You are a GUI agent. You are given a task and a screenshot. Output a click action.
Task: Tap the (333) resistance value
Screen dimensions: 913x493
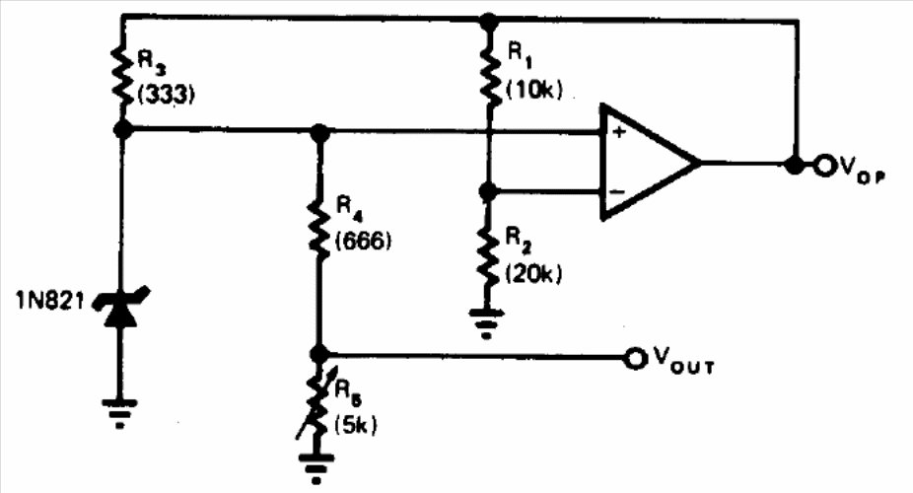tap(165, 93)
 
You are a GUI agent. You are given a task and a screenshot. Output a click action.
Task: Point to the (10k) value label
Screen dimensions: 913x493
tap(534, 90)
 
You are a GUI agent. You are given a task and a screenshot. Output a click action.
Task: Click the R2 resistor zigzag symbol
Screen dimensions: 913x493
tap(488, 256)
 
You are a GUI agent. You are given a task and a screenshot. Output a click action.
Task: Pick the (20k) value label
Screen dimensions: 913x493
tap(534, 273)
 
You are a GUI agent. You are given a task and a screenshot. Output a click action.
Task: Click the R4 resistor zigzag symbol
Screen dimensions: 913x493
tap(319, 227)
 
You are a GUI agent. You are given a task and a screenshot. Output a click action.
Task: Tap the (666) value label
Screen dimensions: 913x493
tap(364, 240)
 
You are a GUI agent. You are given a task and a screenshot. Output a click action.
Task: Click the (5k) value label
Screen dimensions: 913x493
tap(356, 425)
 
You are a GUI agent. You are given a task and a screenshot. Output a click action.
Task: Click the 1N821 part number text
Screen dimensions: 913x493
tap(50, 301)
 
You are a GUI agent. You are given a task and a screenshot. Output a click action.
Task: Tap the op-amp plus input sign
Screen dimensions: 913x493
tap(619, 132)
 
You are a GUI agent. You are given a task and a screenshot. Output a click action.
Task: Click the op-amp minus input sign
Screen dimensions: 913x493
tap(618, 191)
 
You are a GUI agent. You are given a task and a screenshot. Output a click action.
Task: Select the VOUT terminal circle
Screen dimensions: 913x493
tap(635, 359)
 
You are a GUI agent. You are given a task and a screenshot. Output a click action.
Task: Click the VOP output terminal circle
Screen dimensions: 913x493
tap(824, 166)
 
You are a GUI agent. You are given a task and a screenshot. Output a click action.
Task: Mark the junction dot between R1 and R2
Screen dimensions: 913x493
tap(488, 191)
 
